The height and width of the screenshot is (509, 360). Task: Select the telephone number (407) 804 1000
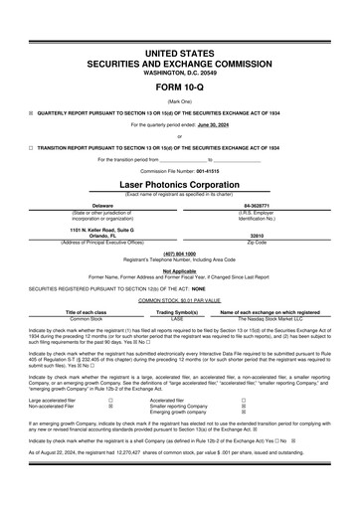pos(180,253)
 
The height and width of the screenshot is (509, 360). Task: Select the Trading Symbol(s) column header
pos(179,310)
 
